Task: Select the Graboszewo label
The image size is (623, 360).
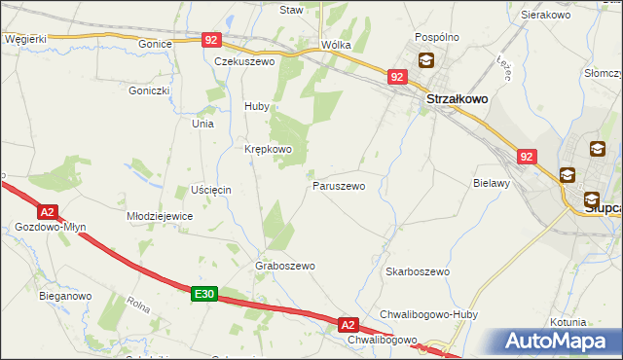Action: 284,265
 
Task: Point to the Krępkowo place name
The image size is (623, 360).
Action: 268,149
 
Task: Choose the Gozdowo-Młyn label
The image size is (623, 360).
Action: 51,227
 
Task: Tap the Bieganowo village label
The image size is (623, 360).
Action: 65,295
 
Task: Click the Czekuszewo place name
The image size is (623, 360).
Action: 245,60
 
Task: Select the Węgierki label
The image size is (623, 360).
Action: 25,39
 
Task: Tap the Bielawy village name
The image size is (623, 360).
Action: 492,182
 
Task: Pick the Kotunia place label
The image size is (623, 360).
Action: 568,321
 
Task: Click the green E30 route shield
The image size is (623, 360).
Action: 203,293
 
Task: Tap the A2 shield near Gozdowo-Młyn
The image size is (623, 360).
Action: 48,210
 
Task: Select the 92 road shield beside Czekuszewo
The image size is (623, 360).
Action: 212,40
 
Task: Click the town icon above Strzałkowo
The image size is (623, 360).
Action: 426,60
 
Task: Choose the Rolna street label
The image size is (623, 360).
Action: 136,305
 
